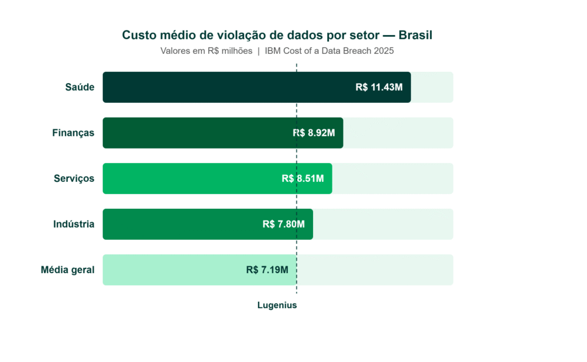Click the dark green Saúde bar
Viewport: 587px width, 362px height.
pyautogui.click(x=229, y=87)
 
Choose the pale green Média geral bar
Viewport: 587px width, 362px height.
pyautogui.click(x=172, y=270)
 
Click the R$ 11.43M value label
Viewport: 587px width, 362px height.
pyautogui.click(x=379, y=87)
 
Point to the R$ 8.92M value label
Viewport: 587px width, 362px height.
pyautogui.click(x=314, y=133)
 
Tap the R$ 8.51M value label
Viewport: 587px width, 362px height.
pyautogui.click(x=303, y=178)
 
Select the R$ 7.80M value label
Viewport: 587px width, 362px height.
pyautogui.click(x=284, y=224)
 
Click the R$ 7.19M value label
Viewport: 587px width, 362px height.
pyautogui.click(x=267, y=270)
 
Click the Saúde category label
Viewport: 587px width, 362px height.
pyautogui.click(x=80, y=87)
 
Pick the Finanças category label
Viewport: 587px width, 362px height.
pyautogui.click(x=73, y=133)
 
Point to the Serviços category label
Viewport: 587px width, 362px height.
pyautogui.click(x=73, y=178)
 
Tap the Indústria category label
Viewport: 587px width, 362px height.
pyautogui.click(x=74, y=224)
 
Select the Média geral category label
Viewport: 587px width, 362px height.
pyautogui.click(x=68, y=270)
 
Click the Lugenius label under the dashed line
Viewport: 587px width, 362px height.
pyautogui.click(x=277, y=305)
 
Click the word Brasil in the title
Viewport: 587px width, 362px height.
pyautogui.click(x=415, y=35)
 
